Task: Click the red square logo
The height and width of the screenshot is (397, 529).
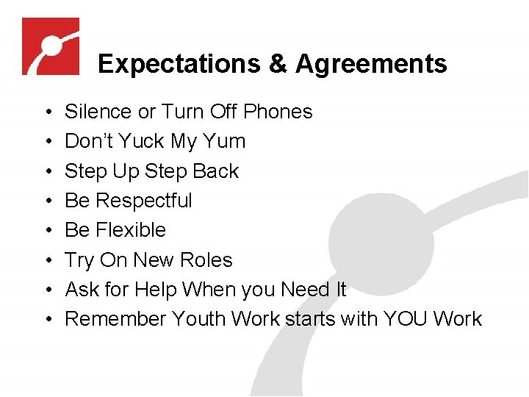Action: coord(51,46)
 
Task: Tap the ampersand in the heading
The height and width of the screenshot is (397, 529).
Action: coord(278,64)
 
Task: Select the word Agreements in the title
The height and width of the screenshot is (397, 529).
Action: coord(371,64)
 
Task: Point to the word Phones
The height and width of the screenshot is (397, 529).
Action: coord(278,112)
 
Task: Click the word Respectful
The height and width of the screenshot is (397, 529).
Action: coord(143,201)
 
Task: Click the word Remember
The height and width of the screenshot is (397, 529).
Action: coord(115,319)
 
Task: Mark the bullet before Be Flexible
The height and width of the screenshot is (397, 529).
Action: coord(46,231)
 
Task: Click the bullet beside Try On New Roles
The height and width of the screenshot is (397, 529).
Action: coord(46,261)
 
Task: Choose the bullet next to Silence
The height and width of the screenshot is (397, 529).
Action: coord(46,112)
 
